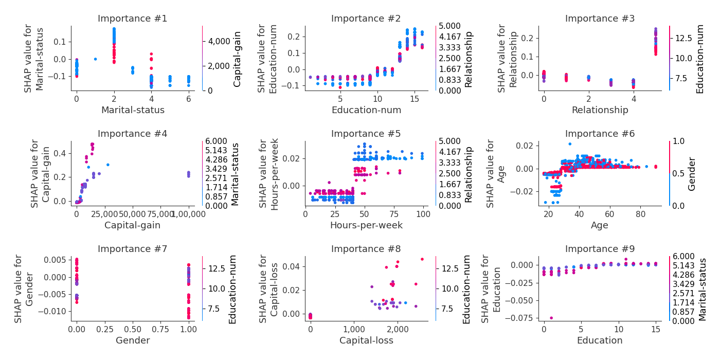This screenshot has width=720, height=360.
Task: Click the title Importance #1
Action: point(133,19)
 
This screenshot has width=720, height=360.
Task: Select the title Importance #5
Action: point(366,134)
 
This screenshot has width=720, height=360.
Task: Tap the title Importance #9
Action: point(600,249)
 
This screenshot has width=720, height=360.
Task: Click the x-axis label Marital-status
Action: point(133,110)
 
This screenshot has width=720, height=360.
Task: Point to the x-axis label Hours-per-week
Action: point(366,225)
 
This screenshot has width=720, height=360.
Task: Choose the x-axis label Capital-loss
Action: point(366,340)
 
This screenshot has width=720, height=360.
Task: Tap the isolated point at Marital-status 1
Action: point(95,59)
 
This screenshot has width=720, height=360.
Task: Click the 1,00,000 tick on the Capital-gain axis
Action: point(188,213)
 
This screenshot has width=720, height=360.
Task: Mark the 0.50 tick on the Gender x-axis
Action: point(133,328)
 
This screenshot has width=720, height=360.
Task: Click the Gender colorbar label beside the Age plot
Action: point(692,174)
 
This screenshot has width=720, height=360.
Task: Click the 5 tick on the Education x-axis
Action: point(581,328)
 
